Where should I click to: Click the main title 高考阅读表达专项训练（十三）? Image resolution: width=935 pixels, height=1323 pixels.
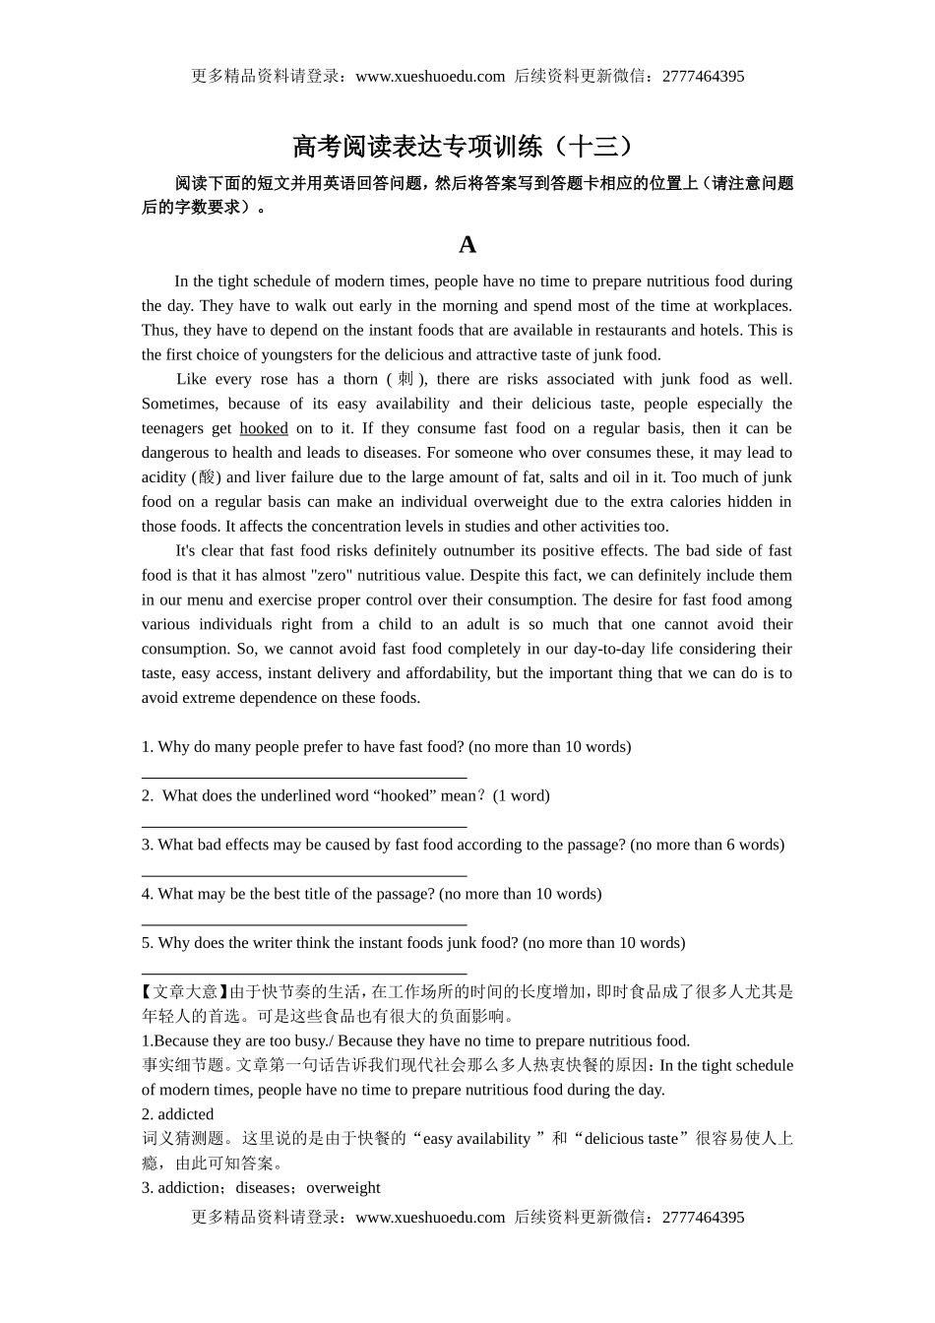[467, 147]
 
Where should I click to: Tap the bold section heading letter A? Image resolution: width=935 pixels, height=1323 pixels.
[467, 244]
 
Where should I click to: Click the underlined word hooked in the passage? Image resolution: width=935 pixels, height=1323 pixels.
[264, 428]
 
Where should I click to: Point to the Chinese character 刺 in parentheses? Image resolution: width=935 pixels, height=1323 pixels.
[405, 379]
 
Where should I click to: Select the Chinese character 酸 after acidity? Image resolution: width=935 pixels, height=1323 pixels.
[207, 477]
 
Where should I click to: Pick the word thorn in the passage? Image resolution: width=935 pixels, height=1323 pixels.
[360, 379]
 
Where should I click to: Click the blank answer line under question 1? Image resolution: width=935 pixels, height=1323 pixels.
[304, 778]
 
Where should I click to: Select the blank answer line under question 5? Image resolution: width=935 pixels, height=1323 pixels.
[304, 974]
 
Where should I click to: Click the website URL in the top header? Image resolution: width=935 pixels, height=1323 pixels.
[430, 76]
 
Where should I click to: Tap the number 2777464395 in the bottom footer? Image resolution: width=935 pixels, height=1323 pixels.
[704, 1217]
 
